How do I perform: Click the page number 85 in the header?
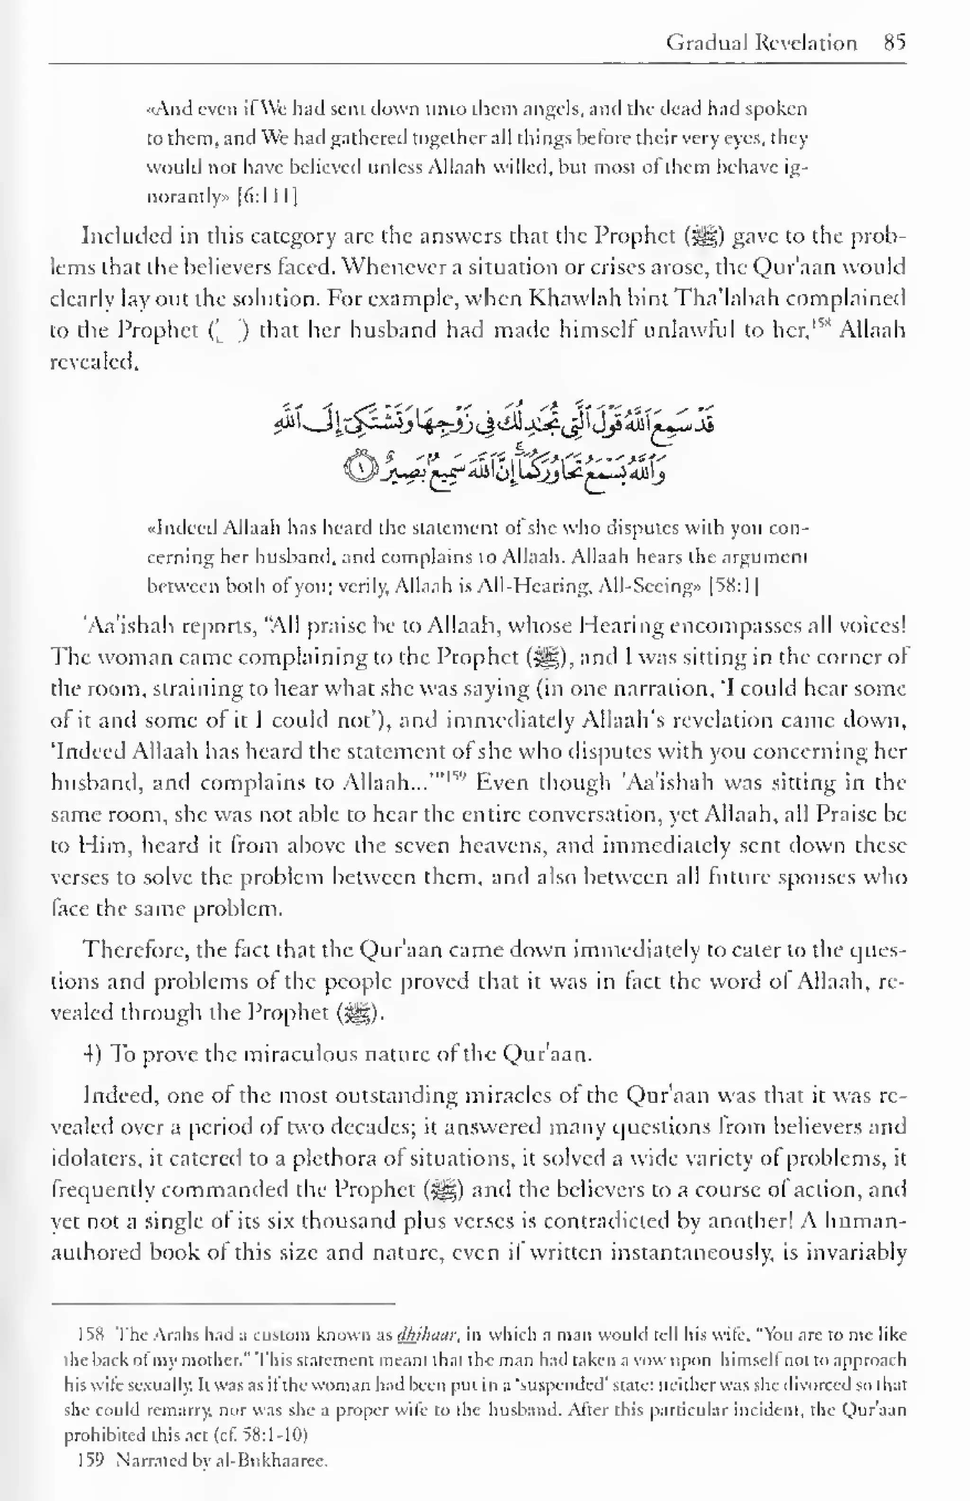pyautogui.click(x=894, y=43)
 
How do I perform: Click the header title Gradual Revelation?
pyautogui.click(x=762, y=43)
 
